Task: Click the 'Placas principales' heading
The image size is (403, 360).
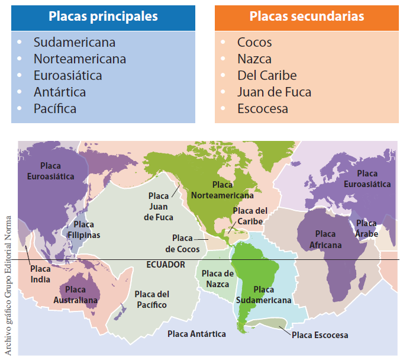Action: click(x=103, y=17)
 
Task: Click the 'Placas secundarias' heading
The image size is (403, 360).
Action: click(x=307, y=17)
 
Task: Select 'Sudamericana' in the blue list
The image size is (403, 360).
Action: click(x=75, y=43)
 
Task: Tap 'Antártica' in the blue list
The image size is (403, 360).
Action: click(x=60, y=92)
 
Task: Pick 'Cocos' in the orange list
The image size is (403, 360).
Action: click(x=254, y=43)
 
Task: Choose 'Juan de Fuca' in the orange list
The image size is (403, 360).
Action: click(x=274, y=92)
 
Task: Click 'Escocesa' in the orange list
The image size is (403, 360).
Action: click(x=263, y=109)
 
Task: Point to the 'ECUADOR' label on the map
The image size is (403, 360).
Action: click(x=166, y=265)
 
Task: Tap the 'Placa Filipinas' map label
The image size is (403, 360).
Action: click(x=83, y=230)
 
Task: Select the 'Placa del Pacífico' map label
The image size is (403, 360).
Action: click(x=151, y=299)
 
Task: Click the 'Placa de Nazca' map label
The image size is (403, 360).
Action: click(x=218, y=278)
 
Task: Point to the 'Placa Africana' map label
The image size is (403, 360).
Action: click(x=325, y=240)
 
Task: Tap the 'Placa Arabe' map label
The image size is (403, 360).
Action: click(x=366, y=229)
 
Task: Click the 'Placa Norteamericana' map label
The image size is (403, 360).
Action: click(x=222, y=189)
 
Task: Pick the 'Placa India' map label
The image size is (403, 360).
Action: click(x=40, y=274)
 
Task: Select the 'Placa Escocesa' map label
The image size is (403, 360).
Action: click(x=320, y=335)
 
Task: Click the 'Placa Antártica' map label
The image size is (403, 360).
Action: click(x=196, y=334)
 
